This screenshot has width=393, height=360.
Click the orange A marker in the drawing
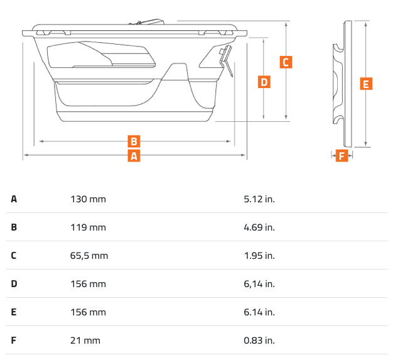[x=134, y=156]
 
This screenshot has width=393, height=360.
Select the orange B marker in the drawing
[x=134, y=141]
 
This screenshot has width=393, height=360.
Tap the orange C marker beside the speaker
[x=285, y=62]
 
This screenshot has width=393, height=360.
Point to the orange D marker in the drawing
[x=264, y=82]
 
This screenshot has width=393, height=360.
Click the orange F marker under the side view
[x=342, y=156]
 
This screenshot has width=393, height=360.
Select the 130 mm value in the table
[x=88, y=199]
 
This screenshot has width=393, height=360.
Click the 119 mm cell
[x=88, y=227]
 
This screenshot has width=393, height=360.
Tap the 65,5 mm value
[x=89, y=256]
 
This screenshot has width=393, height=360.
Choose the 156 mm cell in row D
[x=88, y=284]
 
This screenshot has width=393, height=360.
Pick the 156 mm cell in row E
[x=88, y=312]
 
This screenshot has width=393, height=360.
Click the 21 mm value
[x=85, y=341]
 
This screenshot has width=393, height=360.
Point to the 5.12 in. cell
[x=259, y=199]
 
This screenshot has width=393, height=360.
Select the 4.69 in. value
[x=259, y=227]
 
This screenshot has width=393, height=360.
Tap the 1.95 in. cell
[x=259, y=256]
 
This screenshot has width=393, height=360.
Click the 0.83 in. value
[x=259, y=341]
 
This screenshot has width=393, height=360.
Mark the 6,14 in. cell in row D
[x=259, y=284]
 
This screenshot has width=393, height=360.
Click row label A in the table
[x=14, y=199]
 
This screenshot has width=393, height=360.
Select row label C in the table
[x=14, y=256]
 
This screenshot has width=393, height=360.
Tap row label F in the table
[x=14, y=341]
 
